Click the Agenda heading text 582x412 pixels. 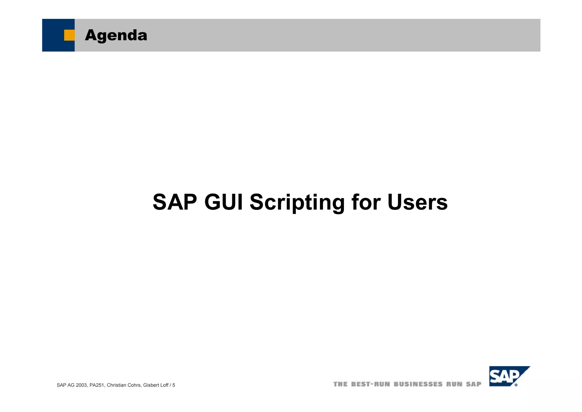(x=116, y=35)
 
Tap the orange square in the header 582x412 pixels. (x=69, y=35)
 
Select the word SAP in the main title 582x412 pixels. (x=175, y=202)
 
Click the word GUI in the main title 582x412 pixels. (x=224, y=202)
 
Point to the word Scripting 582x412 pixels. (x=297, y=202)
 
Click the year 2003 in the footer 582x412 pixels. (x=82, y=385)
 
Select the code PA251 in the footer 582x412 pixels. (x=97, y=385)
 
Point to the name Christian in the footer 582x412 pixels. (x=117, y=385)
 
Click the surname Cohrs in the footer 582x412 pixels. (x=134, y=385)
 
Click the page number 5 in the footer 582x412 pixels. (x=174, y=385)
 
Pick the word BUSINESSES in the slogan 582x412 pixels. (x=418, y=384)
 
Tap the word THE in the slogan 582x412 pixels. (x=340, y=384)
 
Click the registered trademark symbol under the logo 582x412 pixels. (x=516, y=385)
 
